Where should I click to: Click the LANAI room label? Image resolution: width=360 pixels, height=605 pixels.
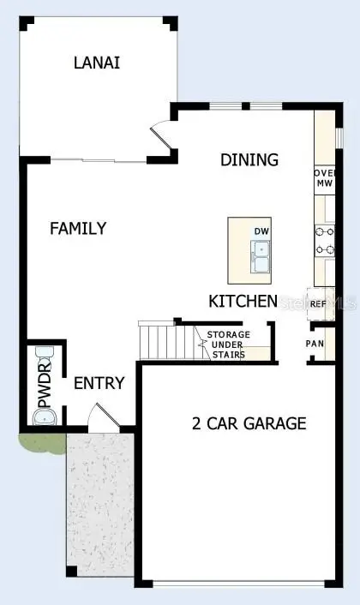[96, 62]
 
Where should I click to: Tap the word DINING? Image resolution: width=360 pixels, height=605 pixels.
[249, 159]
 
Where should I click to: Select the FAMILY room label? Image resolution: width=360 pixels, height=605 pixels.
[78, 229]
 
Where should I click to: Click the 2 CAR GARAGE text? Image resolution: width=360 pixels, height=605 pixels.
[248, 422]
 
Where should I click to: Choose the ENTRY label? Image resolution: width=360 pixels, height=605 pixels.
[99, 383]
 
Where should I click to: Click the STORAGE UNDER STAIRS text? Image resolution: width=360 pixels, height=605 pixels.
[227, 344]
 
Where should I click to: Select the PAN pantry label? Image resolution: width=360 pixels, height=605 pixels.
[315, 344]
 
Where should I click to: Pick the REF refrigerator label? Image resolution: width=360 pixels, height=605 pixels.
[318, 304]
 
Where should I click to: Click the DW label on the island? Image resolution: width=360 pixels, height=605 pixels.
[261, 231]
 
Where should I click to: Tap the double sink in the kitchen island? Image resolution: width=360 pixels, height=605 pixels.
[261, 255]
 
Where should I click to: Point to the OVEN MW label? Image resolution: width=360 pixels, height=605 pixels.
[324, 177]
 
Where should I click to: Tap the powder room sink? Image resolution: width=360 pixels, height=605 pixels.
[44, 417]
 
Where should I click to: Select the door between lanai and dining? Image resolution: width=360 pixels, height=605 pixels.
[160, 137]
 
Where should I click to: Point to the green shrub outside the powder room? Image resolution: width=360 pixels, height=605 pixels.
[40, 444]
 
